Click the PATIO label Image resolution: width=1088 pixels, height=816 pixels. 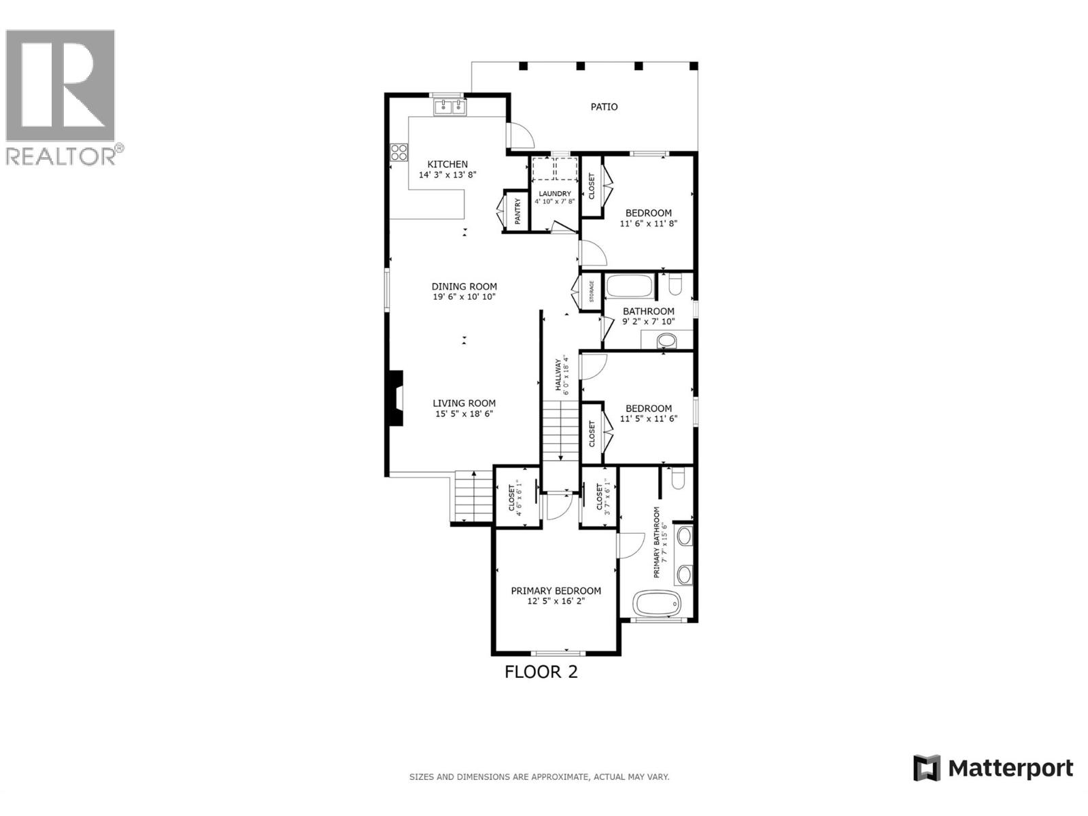604,107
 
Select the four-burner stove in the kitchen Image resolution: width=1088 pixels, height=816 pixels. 398,152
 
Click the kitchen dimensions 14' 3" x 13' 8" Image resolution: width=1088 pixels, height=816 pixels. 447,175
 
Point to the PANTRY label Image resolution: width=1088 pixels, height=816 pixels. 517,211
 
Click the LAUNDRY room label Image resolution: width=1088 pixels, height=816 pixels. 555,194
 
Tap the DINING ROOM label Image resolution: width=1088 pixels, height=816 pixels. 464,286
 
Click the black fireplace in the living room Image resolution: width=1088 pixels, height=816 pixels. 394,398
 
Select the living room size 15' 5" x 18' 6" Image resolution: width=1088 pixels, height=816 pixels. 465,413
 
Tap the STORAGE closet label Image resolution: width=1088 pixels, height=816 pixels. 591,292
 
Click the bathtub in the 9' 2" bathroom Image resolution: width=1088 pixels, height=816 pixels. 629,286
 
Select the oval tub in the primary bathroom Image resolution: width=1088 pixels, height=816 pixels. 656,602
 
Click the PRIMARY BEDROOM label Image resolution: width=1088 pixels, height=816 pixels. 556,591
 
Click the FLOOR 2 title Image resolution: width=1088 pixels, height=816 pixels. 541,672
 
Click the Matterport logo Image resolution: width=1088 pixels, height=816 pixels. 993,768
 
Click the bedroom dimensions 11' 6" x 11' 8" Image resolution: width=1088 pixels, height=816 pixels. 649,223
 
